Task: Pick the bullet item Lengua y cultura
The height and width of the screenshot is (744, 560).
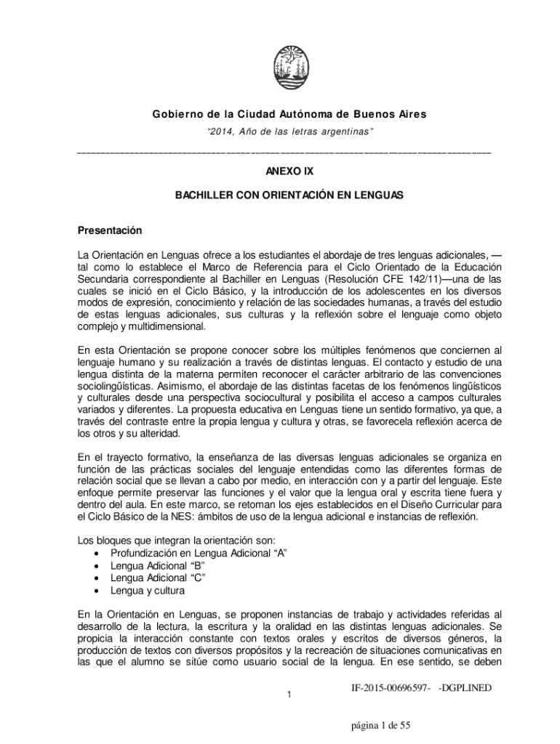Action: pyautogui.click(x=147, y=590)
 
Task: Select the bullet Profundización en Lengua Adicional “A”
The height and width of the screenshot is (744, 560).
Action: pyautogui.click(x=199, y=553)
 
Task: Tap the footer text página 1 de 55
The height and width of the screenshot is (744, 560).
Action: pyautogui.click(x=380, y=725)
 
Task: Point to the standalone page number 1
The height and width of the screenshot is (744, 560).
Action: pyautogui.click(x=289, y=696)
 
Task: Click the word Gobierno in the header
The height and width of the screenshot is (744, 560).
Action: pyautogui.click(x=173, y=115)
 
